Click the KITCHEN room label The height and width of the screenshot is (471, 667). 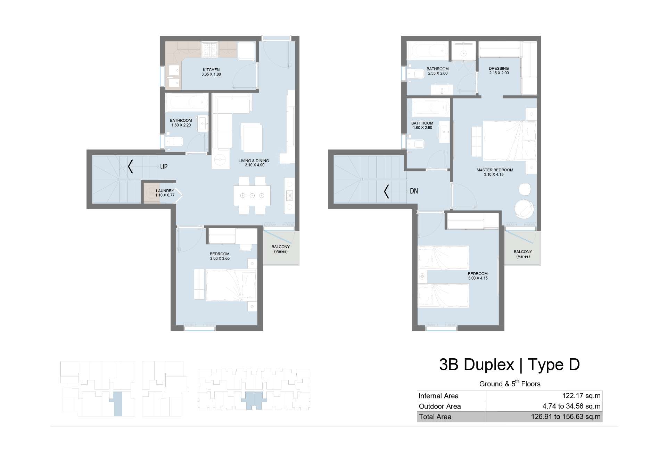[211, 70]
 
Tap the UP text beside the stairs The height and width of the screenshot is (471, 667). [164, 167]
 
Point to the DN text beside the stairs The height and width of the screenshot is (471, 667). [414, 191]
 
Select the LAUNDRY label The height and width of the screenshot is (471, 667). [165, 191]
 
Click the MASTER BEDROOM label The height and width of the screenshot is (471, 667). [495, 170]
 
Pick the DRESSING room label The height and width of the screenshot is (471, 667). [499, 68]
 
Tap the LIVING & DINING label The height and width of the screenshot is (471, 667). [254, 161]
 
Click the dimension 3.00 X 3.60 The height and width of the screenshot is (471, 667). [220, 258]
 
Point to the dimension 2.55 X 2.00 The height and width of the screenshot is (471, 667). [438, 73]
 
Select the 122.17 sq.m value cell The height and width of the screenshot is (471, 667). [581, 396]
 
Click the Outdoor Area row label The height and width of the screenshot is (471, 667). [440, 406]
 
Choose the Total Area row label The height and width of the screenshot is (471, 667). [435, 417]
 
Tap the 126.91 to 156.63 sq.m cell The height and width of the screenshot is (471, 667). [566, 417]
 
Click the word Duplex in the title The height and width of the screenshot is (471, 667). [489, 365]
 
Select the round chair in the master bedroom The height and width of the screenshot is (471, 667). [525, 209]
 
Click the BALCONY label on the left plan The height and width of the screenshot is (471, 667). [281, 247]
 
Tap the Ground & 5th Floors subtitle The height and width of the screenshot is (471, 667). [510, 384]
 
